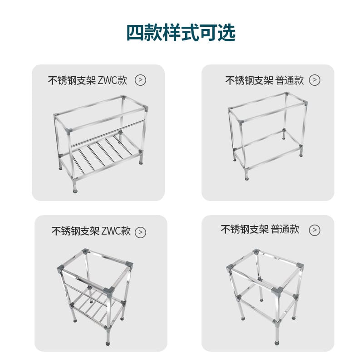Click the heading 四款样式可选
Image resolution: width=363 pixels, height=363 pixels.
[181, 32]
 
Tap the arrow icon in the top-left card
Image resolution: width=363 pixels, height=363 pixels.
[140, 80]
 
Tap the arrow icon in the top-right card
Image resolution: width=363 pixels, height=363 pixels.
[314, 80]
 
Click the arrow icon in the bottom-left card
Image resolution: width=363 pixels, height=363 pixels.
[140, 232]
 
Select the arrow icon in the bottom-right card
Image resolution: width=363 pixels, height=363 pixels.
[314, 230]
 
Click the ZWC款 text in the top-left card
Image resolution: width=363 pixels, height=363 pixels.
[113, 80]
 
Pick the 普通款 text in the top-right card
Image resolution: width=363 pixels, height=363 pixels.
[289, 80]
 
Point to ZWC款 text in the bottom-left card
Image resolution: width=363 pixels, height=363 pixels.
[116, 231]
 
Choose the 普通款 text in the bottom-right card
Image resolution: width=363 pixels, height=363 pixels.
[285, 229]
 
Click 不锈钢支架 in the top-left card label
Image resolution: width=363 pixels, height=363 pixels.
[72, 80]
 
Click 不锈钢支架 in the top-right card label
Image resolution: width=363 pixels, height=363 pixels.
[249, 80]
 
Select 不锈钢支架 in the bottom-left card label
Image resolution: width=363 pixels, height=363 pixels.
[75, 231]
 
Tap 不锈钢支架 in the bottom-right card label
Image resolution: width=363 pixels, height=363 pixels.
[245, 229]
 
